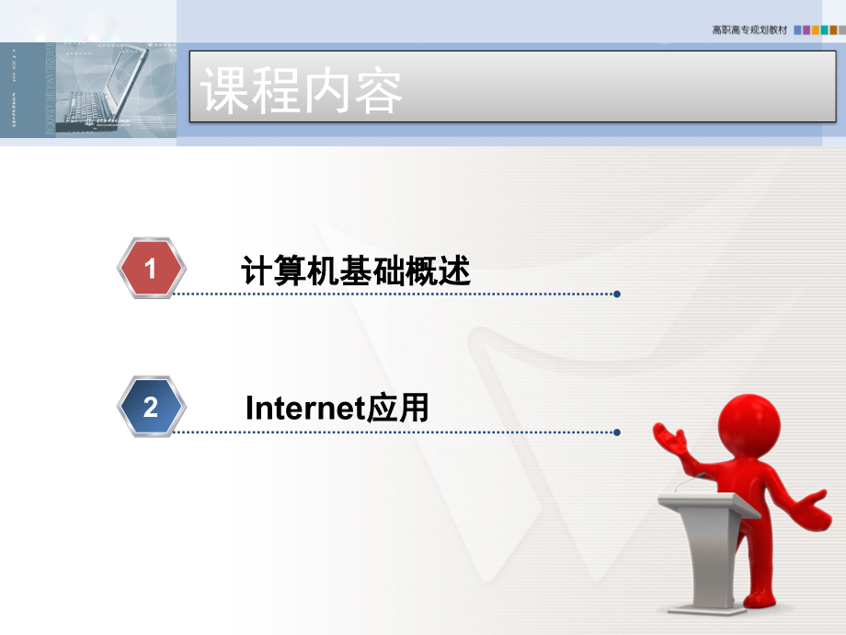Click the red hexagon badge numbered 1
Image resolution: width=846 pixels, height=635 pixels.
(x=152, y=269)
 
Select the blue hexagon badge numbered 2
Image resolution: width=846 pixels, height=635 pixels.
(x=152, y=407)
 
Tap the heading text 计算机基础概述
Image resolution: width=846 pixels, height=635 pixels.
(x=355, y=271)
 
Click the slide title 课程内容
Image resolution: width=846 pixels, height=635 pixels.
(x=303, y=90)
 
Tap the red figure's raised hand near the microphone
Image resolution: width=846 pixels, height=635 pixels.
(x=670, y=439)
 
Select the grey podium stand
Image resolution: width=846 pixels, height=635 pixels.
(x=703, y=552)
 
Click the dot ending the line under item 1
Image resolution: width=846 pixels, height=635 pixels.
(x=617, y=294)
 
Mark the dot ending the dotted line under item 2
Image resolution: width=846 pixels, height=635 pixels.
(x=617, y=432)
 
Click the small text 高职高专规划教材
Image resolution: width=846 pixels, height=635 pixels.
(x=749, y=30)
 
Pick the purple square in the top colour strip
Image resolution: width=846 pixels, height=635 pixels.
(x=806, y=30)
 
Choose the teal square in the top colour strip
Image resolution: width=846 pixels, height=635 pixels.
(x=825, y=30)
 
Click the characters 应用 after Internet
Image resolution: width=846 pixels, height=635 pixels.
(x=398, y=408)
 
